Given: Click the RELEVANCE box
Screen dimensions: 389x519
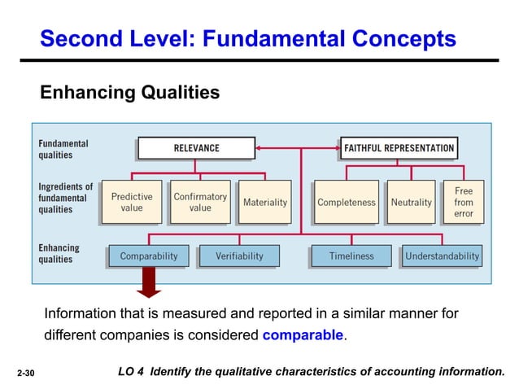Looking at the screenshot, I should [x=196, y=148].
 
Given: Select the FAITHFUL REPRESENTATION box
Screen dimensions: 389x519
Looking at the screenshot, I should [x=399, y=148].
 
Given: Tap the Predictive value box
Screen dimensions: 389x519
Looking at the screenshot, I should [x=132, y=202].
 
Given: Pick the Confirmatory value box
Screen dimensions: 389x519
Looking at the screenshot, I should [x=200, y=202].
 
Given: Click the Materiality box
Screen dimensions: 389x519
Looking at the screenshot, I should [x=265, y=202].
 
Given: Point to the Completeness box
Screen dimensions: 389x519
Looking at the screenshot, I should [x=347, y=202].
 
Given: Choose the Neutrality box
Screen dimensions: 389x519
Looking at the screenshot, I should [x=411, y=202].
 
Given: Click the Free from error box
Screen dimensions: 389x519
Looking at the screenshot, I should [x=464, y=202].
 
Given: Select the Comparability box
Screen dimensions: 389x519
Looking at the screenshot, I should [x=149, y=256].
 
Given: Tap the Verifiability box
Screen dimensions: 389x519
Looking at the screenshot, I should [x=239, y=256].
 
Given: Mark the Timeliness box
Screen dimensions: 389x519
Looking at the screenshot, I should [x=351, y=256].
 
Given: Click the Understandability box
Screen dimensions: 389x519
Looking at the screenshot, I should [x=443, y=256].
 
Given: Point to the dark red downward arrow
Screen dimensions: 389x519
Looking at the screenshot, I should [x=149, y=284].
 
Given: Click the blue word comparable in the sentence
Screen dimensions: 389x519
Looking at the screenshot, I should [x=303, y=334].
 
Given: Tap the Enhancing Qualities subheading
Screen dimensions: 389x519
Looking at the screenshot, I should [x=130, y=93].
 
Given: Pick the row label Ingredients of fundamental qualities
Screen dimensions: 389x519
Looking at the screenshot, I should [x=65, y=198].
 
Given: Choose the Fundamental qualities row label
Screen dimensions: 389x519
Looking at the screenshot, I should [x=63, y=149].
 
